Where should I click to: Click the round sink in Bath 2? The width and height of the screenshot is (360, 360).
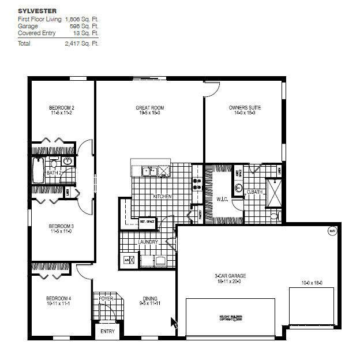coord(67,162)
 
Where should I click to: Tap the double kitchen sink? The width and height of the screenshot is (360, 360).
coord(151,171)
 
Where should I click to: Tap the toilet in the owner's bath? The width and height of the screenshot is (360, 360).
coord(275,217)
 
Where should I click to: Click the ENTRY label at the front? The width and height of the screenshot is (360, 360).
coord(108,331)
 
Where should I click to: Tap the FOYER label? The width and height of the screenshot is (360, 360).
coord(106,298)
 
